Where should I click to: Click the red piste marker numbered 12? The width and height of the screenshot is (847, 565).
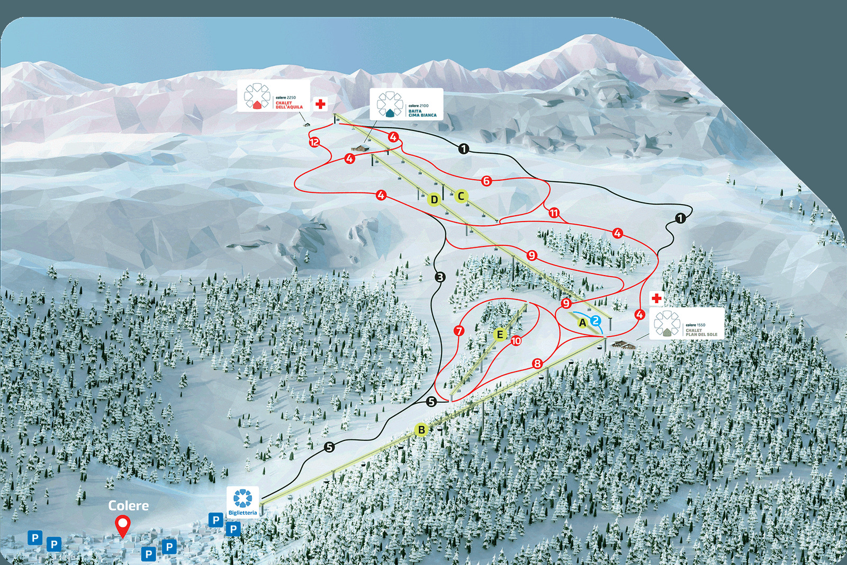tap(314, 142)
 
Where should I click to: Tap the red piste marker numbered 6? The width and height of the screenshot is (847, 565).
tap(486, 181)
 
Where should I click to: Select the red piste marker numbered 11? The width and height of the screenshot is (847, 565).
tap(554, 213)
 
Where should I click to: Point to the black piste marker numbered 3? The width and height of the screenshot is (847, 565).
tap(440, 277)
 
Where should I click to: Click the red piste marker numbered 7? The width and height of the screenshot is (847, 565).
tap(459, 331)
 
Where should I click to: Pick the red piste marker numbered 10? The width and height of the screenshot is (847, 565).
tap(516, 341)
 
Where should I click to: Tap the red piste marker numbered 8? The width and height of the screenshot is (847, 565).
tap(537, 364)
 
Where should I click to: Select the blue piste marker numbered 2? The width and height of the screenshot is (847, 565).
tap(596, 321)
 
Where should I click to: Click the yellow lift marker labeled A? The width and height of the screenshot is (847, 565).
tap(582, 322)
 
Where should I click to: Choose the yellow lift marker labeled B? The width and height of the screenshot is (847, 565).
tap(421, 430)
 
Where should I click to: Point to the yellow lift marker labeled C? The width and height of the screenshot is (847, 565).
tap(461, 196)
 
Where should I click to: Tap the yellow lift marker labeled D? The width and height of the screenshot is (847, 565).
tap(435, 200)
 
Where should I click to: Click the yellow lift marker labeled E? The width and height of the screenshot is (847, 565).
tap(499, 334)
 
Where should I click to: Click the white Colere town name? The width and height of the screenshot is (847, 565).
tap(129, 506)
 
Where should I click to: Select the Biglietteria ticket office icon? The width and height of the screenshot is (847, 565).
tap(243, 501)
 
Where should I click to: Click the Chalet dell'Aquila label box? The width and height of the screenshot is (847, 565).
tap(273, 96)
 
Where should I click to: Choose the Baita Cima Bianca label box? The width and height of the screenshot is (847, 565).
tap(406, 104)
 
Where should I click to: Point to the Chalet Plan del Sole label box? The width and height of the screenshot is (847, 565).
tap(687, 324)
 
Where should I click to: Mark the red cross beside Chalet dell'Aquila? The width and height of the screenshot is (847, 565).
tap(320, 104)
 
